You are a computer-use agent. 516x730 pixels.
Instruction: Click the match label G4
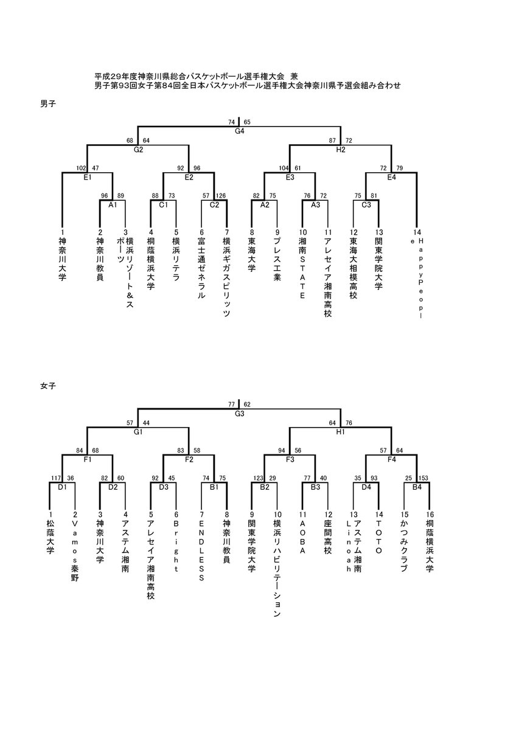point(239,131)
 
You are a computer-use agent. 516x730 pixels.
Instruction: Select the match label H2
point(341,150)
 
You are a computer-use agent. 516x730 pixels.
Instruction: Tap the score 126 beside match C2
point(220,195)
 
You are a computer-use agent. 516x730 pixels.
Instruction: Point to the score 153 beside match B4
point(424,478)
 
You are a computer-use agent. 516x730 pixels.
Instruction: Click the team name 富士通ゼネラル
point(202,268)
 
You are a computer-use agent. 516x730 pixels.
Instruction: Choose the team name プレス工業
point(277,259)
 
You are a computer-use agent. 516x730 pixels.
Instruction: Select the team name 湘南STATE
point(303,268)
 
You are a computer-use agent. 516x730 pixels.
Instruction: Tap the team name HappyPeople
point(417,278)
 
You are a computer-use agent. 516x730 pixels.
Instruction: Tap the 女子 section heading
point(48,386)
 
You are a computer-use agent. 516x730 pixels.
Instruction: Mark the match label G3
point(239,414)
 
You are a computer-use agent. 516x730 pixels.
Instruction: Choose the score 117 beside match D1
point(56,478)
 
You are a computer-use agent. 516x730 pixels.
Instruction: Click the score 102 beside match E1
point(81,168)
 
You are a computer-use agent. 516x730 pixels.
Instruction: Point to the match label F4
point(391,459)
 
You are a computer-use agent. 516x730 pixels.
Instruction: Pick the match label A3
point(316,205)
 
